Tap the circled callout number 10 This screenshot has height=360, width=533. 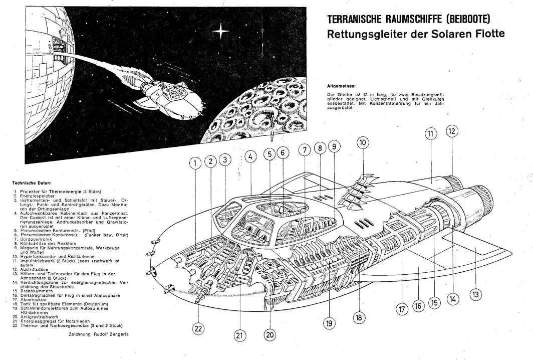click(x=363, y=142)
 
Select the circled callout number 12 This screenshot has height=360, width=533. click(x=452, y=131)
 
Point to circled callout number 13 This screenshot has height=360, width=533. click(x=476, y=294)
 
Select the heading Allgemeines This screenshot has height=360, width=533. click(x=341, y=86)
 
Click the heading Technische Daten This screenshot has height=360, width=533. click(x=31, y=183)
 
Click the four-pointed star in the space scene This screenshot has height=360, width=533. click(x=220, y=32)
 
